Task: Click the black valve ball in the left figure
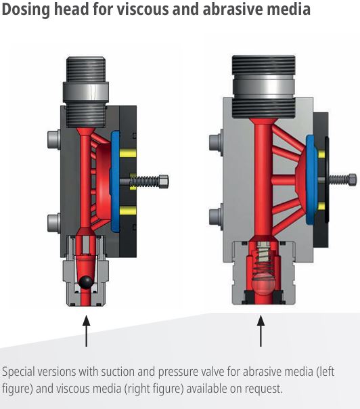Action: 86,282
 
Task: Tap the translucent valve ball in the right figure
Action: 263,284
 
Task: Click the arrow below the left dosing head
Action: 87,330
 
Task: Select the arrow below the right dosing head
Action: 261,330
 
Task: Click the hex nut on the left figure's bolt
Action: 163,181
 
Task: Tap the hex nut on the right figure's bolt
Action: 353,179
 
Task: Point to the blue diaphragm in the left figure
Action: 115,181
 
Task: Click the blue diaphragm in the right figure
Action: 312,179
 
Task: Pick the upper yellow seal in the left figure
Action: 128,153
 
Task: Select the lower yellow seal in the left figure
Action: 128,210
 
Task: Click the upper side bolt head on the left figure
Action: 54,139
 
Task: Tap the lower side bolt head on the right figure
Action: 216,217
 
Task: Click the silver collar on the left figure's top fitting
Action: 86,91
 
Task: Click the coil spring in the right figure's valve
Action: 263,261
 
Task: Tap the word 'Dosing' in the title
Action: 26,10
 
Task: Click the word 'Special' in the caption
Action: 18,372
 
